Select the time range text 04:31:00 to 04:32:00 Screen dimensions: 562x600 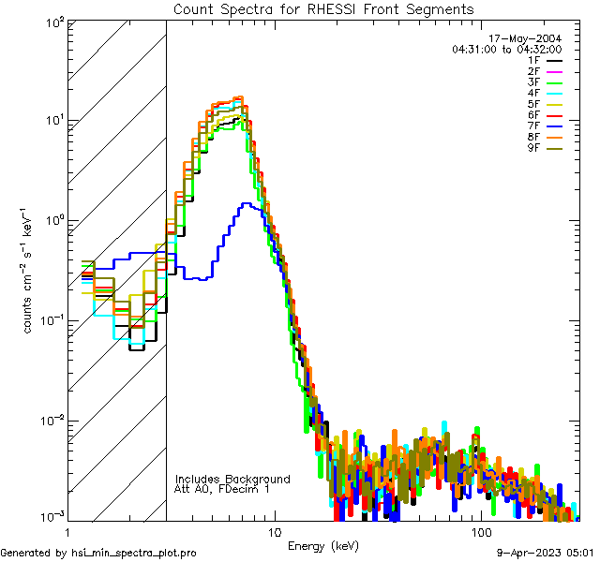click(506, 49)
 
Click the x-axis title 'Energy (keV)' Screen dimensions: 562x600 click(322, 545)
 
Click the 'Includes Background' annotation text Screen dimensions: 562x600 click(232, 479)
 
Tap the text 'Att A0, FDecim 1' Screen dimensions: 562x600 click(222, 489)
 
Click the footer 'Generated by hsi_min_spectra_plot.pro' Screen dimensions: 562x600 click(98, 553)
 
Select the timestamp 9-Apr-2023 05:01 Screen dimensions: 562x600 click(546, 553)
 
